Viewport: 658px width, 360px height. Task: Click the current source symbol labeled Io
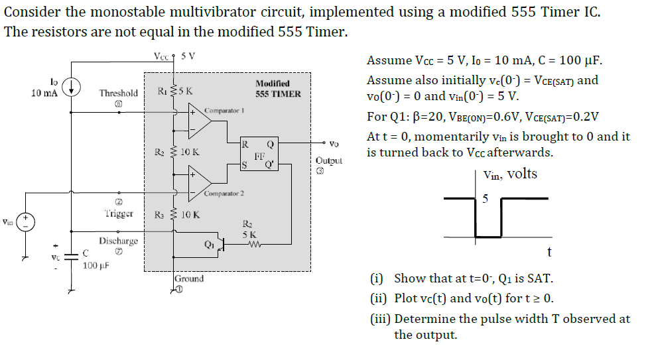click(x=73, y=86)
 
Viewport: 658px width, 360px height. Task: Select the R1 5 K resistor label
click(x=174, y=91)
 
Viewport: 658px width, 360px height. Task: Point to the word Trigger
click(x=119, y=213)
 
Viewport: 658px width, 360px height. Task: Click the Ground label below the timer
click(x=189, y=278)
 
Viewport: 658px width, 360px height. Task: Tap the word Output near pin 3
click(x=329, y=161)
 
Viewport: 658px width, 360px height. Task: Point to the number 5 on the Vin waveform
click(x=485, y=198)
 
